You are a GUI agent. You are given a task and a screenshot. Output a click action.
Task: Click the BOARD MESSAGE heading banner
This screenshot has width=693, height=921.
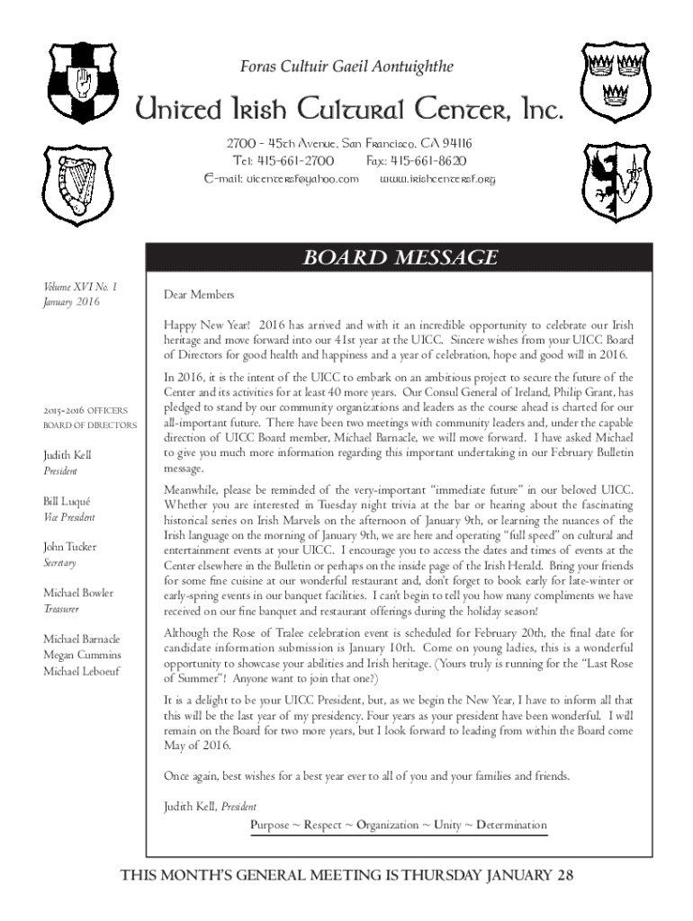click(x=400, y=258)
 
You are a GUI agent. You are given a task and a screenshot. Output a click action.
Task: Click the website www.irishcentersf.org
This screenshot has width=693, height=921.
click(x=437, y=179)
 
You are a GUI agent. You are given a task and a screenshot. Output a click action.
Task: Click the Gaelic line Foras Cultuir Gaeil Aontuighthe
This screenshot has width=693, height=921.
click(x=346, y=67)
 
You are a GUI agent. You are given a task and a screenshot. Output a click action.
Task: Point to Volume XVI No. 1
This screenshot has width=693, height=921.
click(x=81, y=287)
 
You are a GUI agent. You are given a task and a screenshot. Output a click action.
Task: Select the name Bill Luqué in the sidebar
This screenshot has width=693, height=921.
click(x=67, y=500)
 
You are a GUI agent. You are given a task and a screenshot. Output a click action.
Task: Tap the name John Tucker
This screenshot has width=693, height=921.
click(x=69, y=546)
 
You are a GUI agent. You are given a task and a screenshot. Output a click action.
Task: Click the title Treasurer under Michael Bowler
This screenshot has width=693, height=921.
click(x=61, y=609)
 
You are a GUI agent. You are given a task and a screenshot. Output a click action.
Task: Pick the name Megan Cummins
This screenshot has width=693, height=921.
click(x=82, y=655)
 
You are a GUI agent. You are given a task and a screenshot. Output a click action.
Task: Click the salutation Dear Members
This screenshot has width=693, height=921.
click(x=198, y=295)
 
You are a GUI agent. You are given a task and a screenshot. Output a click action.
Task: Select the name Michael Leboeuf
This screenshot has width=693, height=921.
click(x=82, y=671)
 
